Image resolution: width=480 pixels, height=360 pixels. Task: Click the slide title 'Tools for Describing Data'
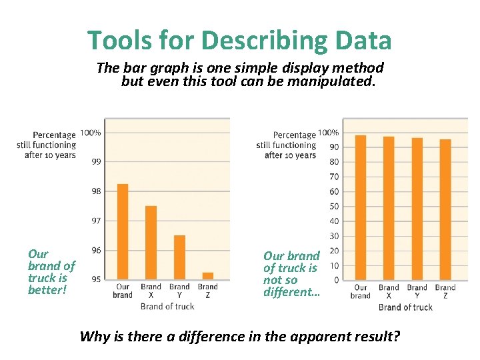(x=239, y=41)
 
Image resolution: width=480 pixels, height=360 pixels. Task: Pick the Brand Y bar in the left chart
(x=179, y=257)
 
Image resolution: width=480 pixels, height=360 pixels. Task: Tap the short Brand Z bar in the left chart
(x=207, y=275)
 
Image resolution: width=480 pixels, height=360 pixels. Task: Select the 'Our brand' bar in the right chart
(x=361, y=207)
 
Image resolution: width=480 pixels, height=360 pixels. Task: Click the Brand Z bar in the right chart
(x=445, y=209)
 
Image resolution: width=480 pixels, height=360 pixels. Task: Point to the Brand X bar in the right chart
(x=389, y=208)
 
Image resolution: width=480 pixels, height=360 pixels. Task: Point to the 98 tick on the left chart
(x=96, y=191)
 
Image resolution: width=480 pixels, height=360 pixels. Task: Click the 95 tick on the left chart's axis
(x=96, y=279)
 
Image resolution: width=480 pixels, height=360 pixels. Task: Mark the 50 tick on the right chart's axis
(x=333, y=207)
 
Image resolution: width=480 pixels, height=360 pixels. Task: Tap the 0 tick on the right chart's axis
(x=336, y=280)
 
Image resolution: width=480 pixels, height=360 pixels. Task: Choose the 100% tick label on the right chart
(x=329, y=133)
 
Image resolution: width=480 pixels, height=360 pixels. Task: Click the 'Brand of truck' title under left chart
(x=167, y=307)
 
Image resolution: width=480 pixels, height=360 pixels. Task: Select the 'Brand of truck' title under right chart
(x=405, y=307)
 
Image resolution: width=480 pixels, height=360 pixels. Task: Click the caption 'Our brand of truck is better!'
(x=51, y=272)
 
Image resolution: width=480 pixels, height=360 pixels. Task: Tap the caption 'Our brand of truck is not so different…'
(x=291, y=274)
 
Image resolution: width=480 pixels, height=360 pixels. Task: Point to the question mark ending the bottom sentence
(x=397, y=336)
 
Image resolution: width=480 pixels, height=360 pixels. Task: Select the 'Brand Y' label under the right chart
(x=417, y=291)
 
